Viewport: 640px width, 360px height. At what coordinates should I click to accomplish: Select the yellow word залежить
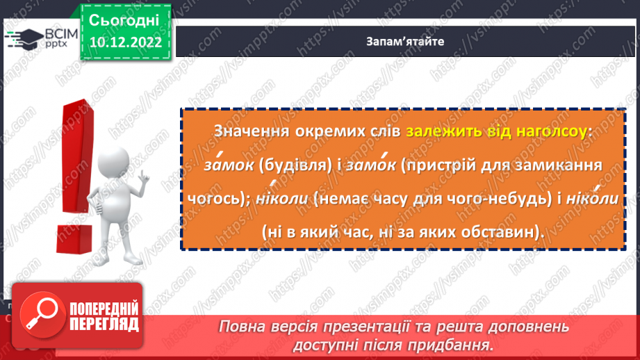[438, 131]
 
